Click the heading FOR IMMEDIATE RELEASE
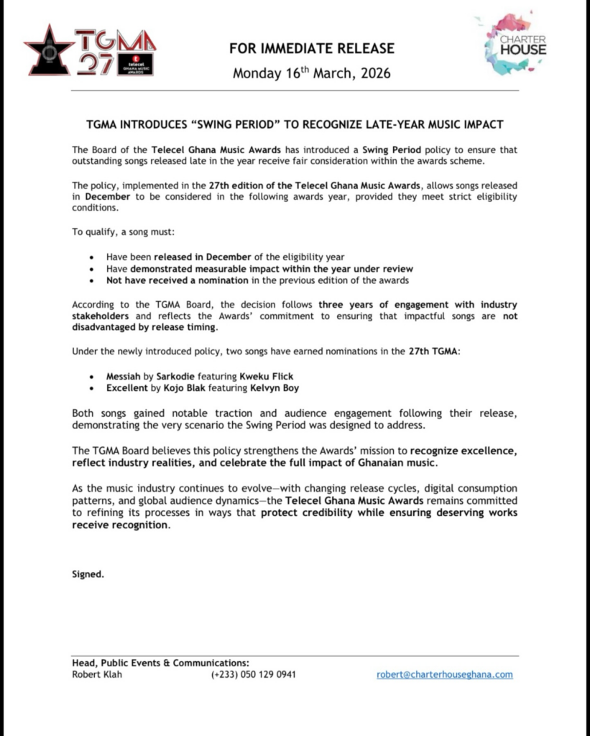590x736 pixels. tap(312, 49)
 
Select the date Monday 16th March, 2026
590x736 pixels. tap(312, 73)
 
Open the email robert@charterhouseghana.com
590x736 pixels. tap(445, 675)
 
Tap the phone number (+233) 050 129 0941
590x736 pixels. tap(253, 675)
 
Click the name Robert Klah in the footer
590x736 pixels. tap(97, 675)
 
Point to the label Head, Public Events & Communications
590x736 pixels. tap(160, 663)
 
